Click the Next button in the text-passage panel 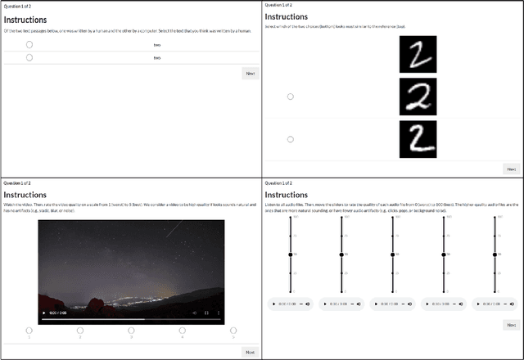coord(250,74)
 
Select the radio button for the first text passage coord(29,45)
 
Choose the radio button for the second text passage coord(29,57)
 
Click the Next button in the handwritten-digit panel coord(511,169)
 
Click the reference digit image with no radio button coord(418,54)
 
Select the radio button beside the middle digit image coord(290,97)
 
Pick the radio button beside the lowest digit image coord(290,139)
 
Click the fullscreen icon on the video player coord(206,313)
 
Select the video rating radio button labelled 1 coord(29,331)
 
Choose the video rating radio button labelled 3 coord(131,331)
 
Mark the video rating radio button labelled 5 coord(233,331)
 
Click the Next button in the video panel coord(250,352)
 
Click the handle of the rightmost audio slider coord(495,255)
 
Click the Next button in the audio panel coord(511,325)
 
